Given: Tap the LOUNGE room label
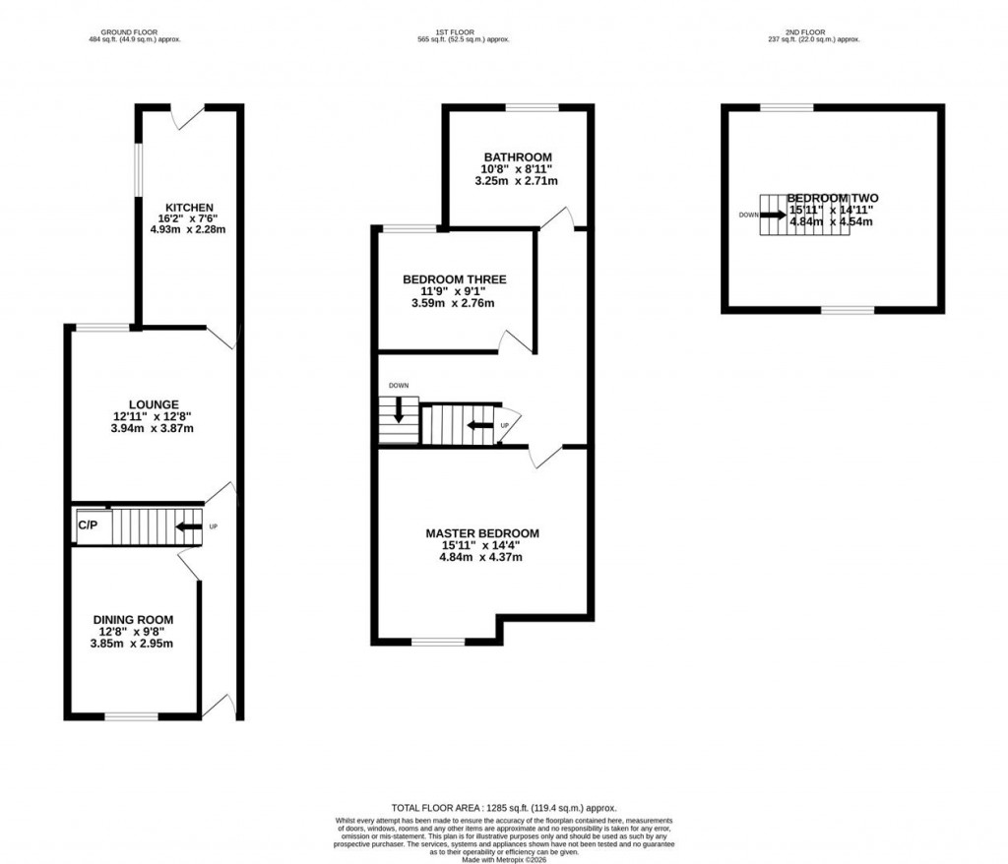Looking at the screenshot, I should (153, 403).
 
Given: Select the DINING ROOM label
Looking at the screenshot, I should (133, 619).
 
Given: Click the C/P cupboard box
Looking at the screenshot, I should (89, 525).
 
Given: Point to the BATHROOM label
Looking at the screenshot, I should (517, 157).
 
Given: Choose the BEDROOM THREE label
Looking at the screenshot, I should (454, 279).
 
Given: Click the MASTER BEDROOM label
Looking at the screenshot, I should (482, 533).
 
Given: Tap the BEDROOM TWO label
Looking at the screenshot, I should (832, 197).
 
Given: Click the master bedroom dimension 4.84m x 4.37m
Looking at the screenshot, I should (481, 557).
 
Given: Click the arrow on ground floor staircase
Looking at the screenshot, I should (188, 527).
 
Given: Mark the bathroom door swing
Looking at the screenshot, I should (561, 217).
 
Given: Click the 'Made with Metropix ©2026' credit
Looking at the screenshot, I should (503, 858).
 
